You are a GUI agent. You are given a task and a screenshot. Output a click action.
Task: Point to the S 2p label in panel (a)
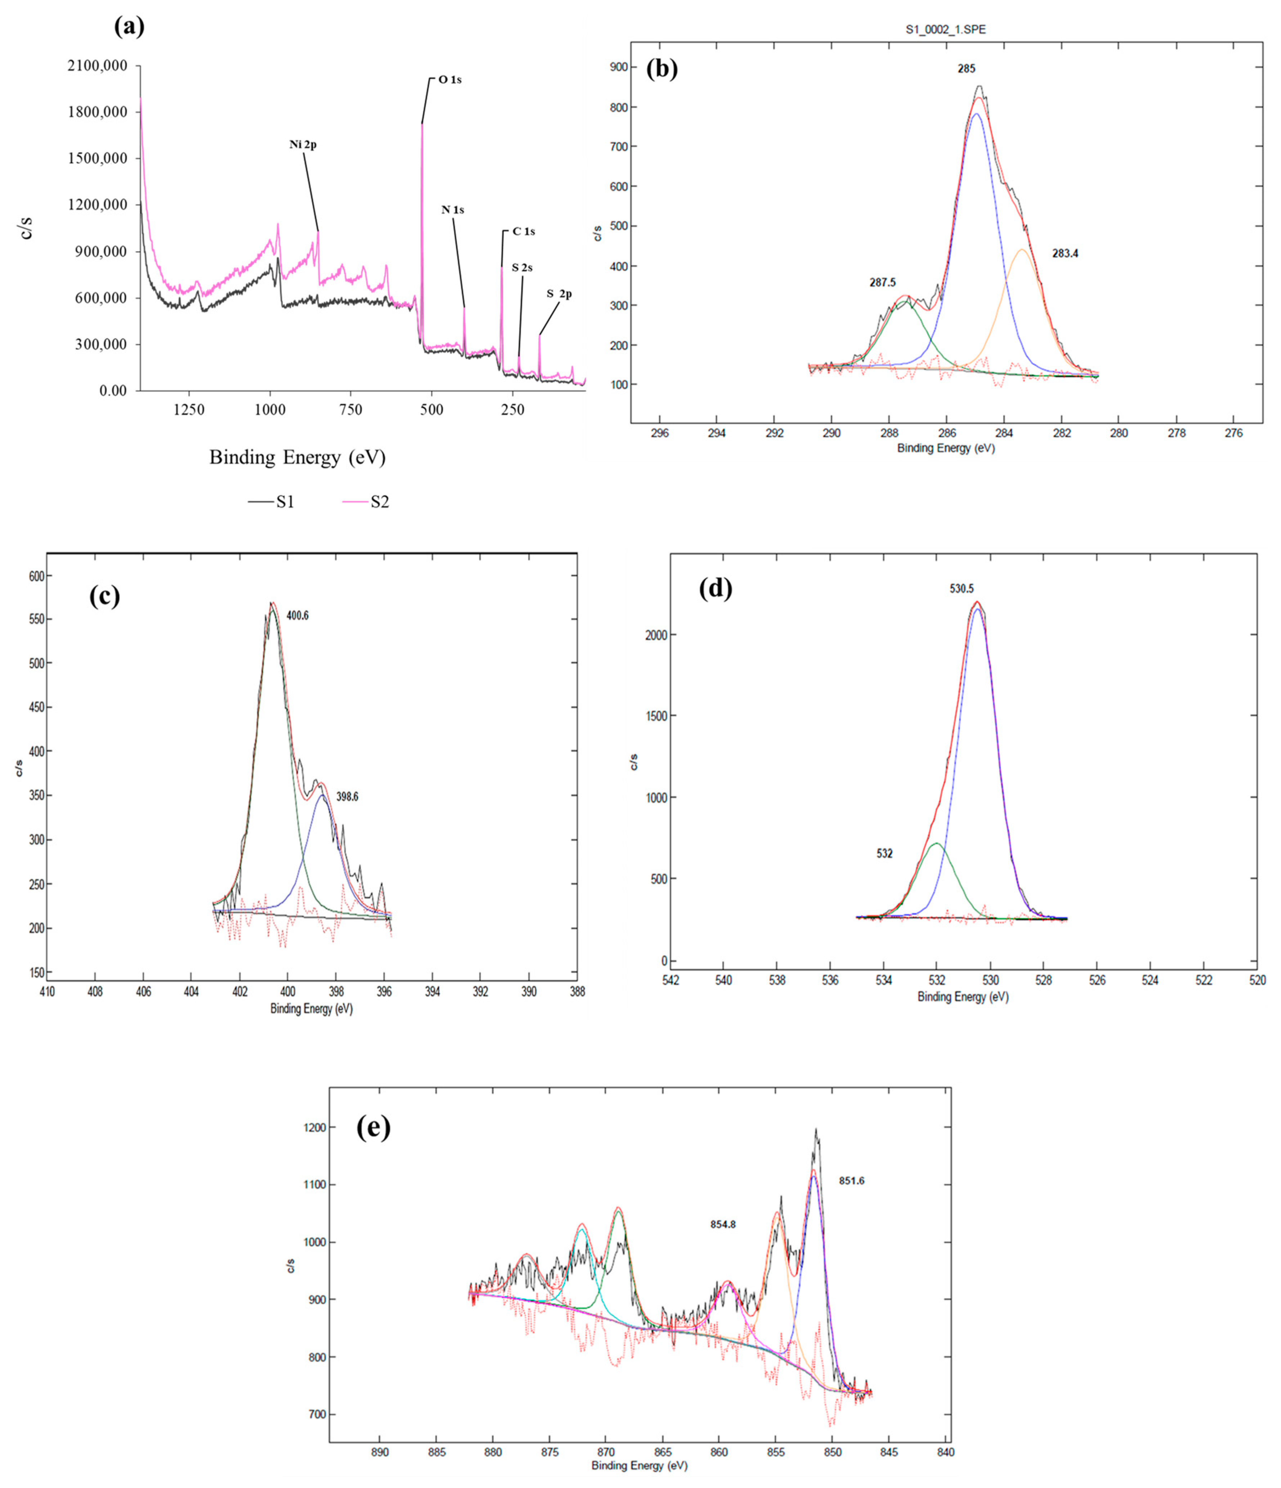pyautogui.click(x=559, y=294)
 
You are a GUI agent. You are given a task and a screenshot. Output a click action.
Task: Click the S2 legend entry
pyautogui.click(x=379, y=502)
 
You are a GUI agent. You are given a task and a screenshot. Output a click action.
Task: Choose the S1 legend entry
pyautogui.click(x=285, y=502)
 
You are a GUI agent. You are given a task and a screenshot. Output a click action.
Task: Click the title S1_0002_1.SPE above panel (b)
pyautogui.click(x=945, y=30)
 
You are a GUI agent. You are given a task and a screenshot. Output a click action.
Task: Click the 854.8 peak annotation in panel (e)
pyautogui.click(x=723, y=1224)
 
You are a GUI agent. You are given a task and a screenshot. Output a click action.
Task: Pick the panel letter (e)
pyautogui.click(x=373, y=1128)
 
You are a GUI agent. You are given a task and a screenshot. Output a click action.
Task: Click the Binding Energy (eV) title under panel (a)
pyautogui.click(x=297, y=458)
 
